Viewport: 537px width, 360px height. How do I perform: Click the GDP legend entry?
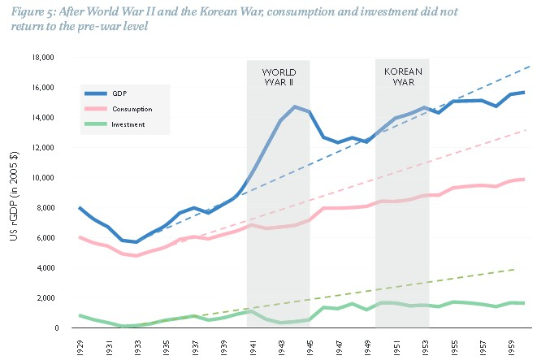click(x=119, y=93)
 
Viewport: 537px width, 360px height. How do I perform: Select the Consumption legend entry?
click(x=130, y=109)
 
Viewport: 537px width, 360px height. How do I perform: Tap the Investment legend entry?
click(x=128, y=124)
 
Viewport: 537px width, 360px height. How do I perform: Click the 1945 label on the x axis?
click(x=310, y=345)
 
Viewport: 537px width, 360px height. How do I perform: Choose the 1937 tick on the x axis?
click(x=194, y=345)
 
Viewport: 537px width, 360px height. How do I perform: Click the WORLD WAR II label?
click(x=279, y=76)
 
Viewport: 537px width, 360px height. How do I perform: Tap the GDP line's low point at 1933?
click(x=137, y=242)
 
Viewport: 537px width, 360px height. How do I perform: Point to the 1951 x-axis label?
click(x=396, y=345)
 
